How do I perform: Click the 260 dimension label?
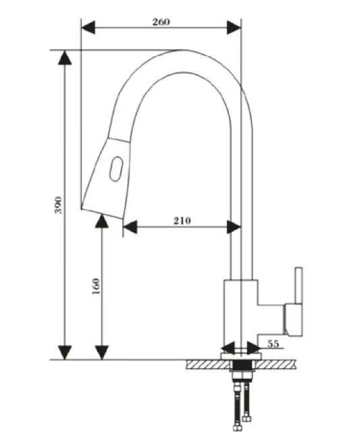(x=161, y=22)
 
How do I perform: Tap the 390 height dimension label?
(x=58, y=205)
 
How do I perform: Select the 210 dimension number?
(x=182, y=221)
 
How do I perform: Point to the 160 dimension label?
(x=97, y=286)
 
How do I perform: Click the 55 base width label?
(x=274, y=344)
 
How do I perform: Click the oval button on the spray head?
(x=116, y=169)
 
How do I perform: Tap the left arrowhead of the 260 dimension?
(x=88, y=28)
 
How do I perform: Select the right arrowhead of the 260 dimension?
(x=234, y=28)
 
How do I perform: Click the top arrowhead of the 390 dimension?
(x=65, y=58)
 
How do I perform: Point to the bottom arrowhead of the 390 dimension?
(x=65, y=352)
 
